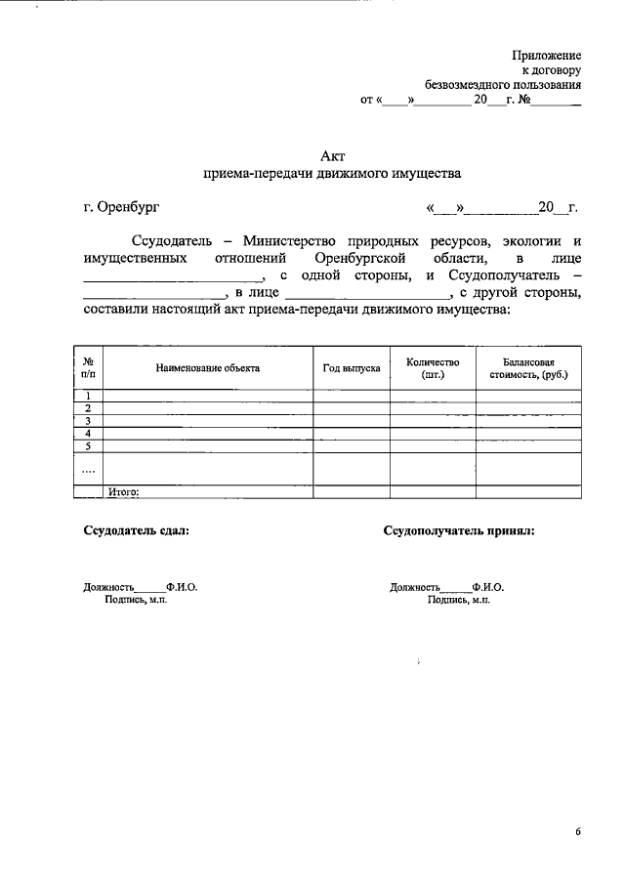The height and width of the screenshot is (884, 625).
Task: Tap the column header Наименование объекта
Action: click(x=207, y=368)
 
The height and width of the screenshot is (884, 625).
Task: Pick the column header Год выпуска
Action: click(x=352, y=368)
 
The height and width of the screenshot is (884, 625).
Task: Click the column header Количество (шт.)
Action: click(x=433, y=368)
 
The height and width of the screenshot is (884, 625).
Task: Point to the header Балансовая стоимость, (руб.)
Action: click(x=528, y=368)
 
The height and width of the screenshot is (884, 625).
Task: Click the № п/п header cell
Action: click(x=88, y=368)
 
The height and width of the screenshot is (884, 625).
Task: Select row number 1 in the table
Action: click(x=88, y=395)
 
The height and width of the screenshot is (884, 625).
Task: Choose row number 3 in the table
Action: click(x=88, y=421)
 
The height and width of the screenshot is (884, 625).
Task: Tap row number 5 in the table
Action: click(x=88, y=446)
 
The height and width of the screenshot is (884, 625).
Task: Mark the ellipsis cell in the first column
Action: click(x=88, y=469)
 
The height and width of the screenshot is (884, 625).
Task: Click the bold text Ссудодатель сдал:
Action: click(x=137, y=531)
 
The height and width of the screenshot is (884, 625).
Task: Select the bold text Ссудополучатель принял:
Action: click(x=459, y=531)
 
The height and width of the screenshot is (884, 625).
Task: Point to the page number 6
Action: click(x=578, y=832)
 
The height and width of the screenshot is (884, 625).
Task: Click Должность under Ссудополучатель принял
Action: click(x=415, y=588)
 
